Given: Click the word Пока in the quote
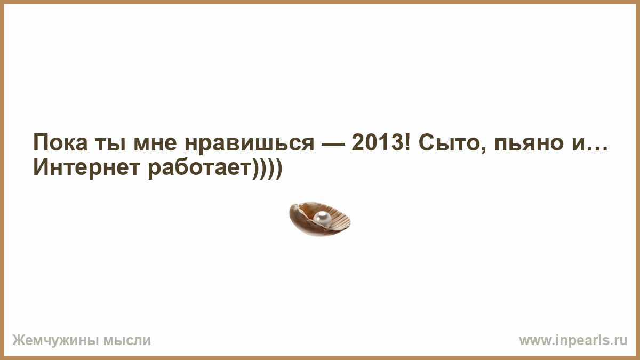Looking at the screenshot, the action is click(x=60, y=142).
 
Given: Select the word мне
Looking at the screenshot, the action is click(x=155, y=145).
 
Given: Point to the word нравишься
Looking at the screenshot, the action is click(x=250, y=145).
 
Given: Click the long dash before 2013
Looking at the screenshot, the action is click(x=333, y=145).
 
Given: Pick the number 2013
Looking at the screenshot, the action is click(x=377, y=142).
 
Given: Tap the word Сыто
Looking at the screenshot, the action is click(x=450, y=142).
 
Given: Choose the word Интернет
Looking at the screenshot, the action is click(x=87, y=167).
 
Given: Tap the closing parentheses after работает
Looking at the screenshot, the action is click(x=267, y=169).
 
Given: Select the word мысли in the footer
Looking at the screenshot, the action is click(x=127, y=341).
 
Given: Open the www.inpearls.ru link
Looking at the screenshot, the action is click(x=573, y=341).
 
